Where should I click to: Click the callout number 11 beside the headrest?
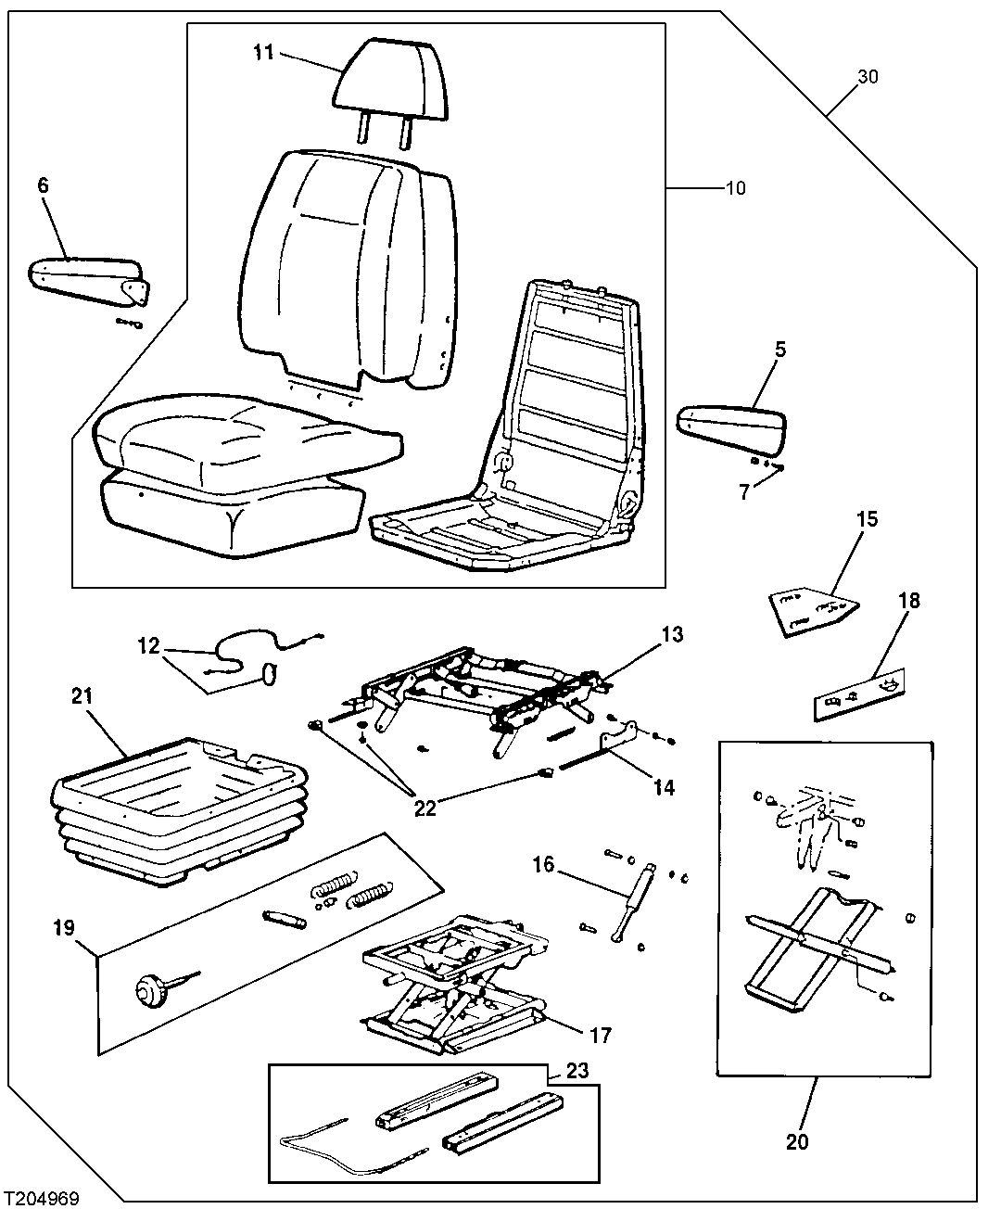pos(264,52)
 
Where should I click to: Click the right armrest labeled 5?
pos(733,424)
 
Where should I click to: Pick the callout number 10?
pos(735,188)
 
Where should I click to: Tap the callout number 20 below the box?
pos(797,1141)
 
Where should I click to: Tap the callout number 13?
pos(671,636)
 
